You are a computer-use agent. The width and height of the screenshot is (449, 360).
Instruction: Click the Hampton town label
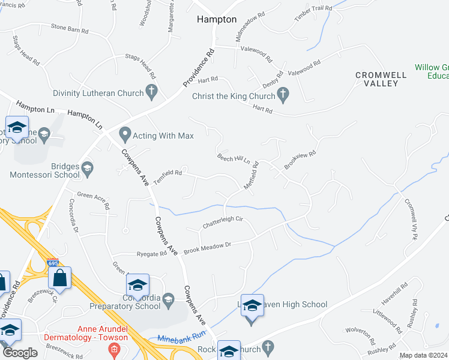click(217, 19)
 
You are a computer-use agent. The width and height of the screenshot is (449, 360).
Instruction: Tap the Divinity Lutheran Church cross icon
click(152, 93)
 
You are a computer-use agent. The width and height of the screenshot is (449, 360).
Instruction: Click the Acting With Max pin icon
click(125, 133)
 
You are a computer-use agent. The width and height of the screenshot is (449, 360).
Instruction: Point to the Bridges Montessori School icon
click(88, 167)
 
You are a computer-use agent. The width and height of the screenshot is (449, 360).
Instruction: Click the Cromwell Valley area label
click(381, 79)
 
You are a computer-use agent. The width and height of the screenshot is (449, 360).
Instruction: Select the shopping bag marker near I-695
click(60, 278)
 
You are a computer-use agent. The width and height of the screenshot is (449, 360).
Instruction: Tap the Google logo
click(20, 353)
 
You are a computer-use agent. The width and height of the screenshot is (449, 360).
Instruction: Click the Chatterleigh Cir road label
click(222, 221)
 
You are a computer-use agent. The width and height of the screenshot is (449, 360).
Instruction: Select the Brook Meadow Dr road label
click(207, 247)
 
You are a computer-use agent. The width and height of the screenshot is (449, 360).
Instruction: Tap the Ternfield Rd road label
click(167, 173)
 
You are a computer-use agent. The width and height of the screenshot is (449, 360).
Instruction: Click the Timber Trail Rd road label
click(313, 13)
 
